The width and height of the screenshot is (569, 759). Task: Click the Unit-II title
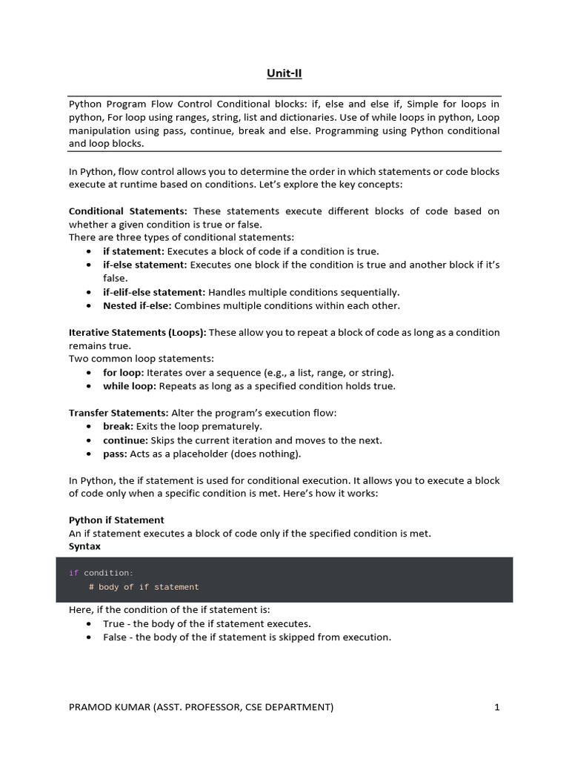pyautogui.click(x=284, y=73)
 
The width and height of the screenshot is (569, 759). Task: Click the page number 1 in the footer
pyautogui.click(x=497, y=707)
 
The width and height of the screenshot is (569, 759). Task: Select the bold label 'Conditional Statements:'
pyautogui.click(x=127, y=211)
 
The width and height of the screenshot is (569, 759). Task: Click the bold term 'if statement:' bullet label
pyautogui.click(x=133, y=251)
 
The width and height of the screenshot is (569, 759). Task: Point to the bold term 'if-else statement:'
pyautogui.click(x=145, y=265)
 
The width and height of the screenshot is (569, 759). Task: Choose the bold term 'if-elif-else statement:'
pyautogui.click(x=154, y=292)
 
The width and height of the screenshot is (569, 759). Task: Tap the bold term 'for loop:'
pyautogui.click(x=123, y=372)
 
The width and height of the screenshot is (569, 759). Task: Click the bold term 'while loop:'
pyautogui.click(x=129, y=385)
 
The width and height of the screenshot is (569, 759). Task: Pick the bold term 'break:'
pyautogui.click(x=119, y=426)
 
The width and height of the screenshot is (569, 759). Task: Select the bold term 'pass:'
pyautogui.click(x=116, y=454)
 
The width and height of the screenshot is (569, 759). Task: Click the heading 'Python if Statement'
pyautogui.click(x=116, y=520)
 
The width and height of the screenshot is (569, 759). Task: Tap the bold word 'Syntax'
pyautogui.click(x=84, y=546)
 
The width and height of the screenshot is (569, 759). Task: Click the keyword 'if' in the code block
pyautogui.click(x=73, y=573)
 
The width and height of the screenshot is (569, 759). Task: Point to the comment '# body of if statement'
pyautogui.click(x=144, y=587)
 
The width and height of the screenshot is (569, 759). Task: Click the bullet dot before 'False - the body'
pyautogui.click(x=89, y=637)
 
